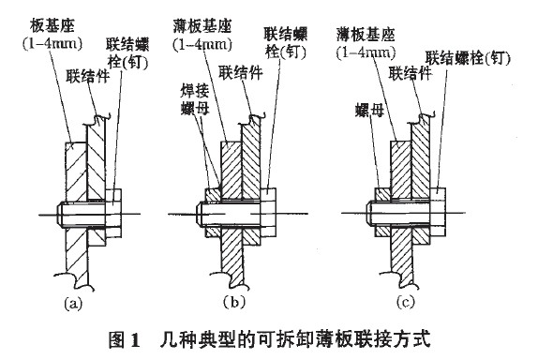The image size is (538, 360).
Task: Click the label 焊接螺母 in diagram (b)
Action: point(195,100)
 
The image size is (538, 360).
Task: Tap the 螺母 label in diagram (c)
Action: point(369,111)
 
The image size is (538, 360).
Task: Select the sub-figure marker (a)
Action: point(73,304)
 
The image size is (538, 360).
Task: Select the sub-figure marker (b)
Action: point(234,303)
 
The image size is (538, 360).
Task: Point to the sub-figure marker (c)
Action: point(405,303)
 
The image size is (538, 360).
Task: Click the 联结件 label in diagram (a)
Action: point(88,76)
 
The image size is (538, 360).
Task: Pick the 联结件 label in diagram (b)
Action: point(241,72)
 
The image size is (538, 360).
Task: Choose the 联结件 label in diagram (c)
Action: point(410,73)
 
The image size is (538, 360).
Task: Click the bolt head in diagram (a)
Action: point(112,213)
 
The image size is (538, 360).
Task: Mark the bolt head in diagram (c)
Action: point(438,213)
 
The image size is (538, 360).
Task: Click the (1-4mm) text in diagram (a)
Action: point(52,43)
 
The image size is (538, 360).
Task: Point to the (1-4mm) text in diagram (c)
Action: point(366,52)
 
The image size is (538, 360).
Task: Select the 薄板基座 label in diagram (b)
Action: point(202,26)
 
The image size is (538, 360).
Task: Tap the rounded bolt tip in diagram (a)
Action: point(59,214)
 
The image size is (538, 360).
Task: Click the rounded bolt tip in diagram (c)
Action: point(369,213)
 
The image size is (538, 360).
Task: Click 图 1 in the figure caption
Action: point(124,339)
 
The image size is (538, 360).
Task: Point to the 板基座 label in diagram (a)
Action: point(52,26)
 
